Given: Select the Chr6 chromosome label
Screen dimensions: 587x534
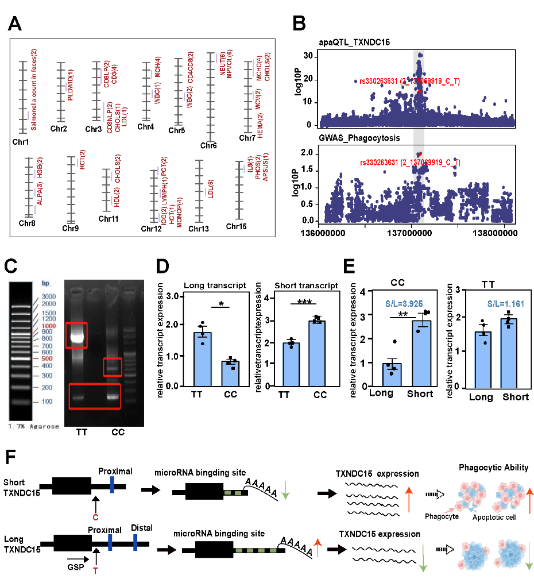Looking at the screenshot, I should point(208,145).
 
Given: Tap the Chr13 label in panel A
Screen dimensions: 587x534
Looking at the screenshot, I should point(199,229).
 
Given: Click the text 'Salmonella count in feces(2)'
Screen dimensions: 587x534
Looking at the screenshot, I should point(33,90).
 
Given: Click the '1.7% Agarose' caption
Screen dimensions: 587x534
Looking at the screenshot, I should point(33,426).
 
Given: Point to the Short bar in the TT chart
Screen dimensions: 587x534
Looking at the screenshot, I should point(508,353).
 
